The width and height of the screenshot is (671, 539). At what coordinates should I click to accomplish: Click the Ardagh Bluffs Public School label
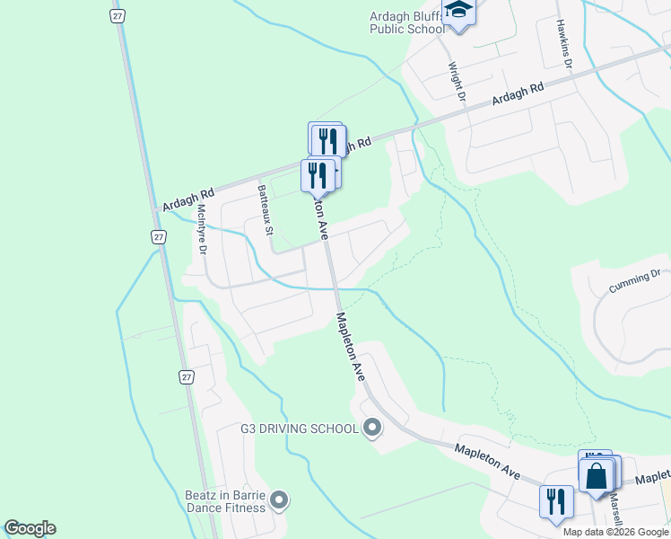(407, 22)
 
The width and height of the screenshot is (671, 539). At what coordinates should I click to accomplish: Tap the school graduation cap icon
(459, 12)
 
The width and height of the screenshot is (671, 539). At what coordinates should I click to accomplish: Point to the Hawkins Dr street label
(564, 40)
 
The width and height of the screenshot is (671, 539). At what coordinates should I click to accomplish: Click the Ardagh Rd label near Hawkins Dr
(518, 96)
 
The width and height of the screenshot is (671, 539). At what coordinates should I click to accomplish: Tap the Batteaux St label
(265, 209)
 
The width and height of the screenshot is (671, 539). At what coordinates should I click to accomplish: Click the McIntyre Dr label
(202, 229)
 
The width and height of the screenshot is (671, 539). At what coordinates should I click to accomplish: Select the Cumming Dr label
(634, 281)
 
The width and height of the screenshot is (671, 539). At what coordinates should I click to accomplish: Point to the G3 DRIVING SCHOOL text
(300, 429)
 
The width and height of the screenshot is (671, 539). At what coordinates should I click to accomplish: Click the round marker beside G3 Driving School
(372, 428)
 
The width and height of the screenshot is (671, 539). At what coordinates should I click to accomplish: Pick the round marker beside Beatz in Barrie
(279, 499)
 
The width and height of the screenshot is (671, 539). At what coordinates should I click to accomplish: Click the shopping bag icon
(597, 475)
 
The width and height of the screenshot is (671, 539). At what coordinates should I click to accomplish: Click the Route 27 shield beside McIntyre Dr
(159, 237)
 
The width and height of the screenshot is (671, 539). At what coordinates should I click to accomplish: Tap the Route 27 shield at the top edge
(117, 15)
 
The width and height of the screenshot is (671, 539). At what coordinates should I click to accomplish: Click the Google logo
(30, 528)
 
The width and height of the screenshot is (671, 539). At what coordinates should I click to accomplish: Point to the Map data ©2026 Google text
(616, 532)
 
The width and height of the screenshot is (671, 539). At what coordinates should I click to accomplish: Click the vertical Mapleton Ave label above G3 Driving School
(349, 346)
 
